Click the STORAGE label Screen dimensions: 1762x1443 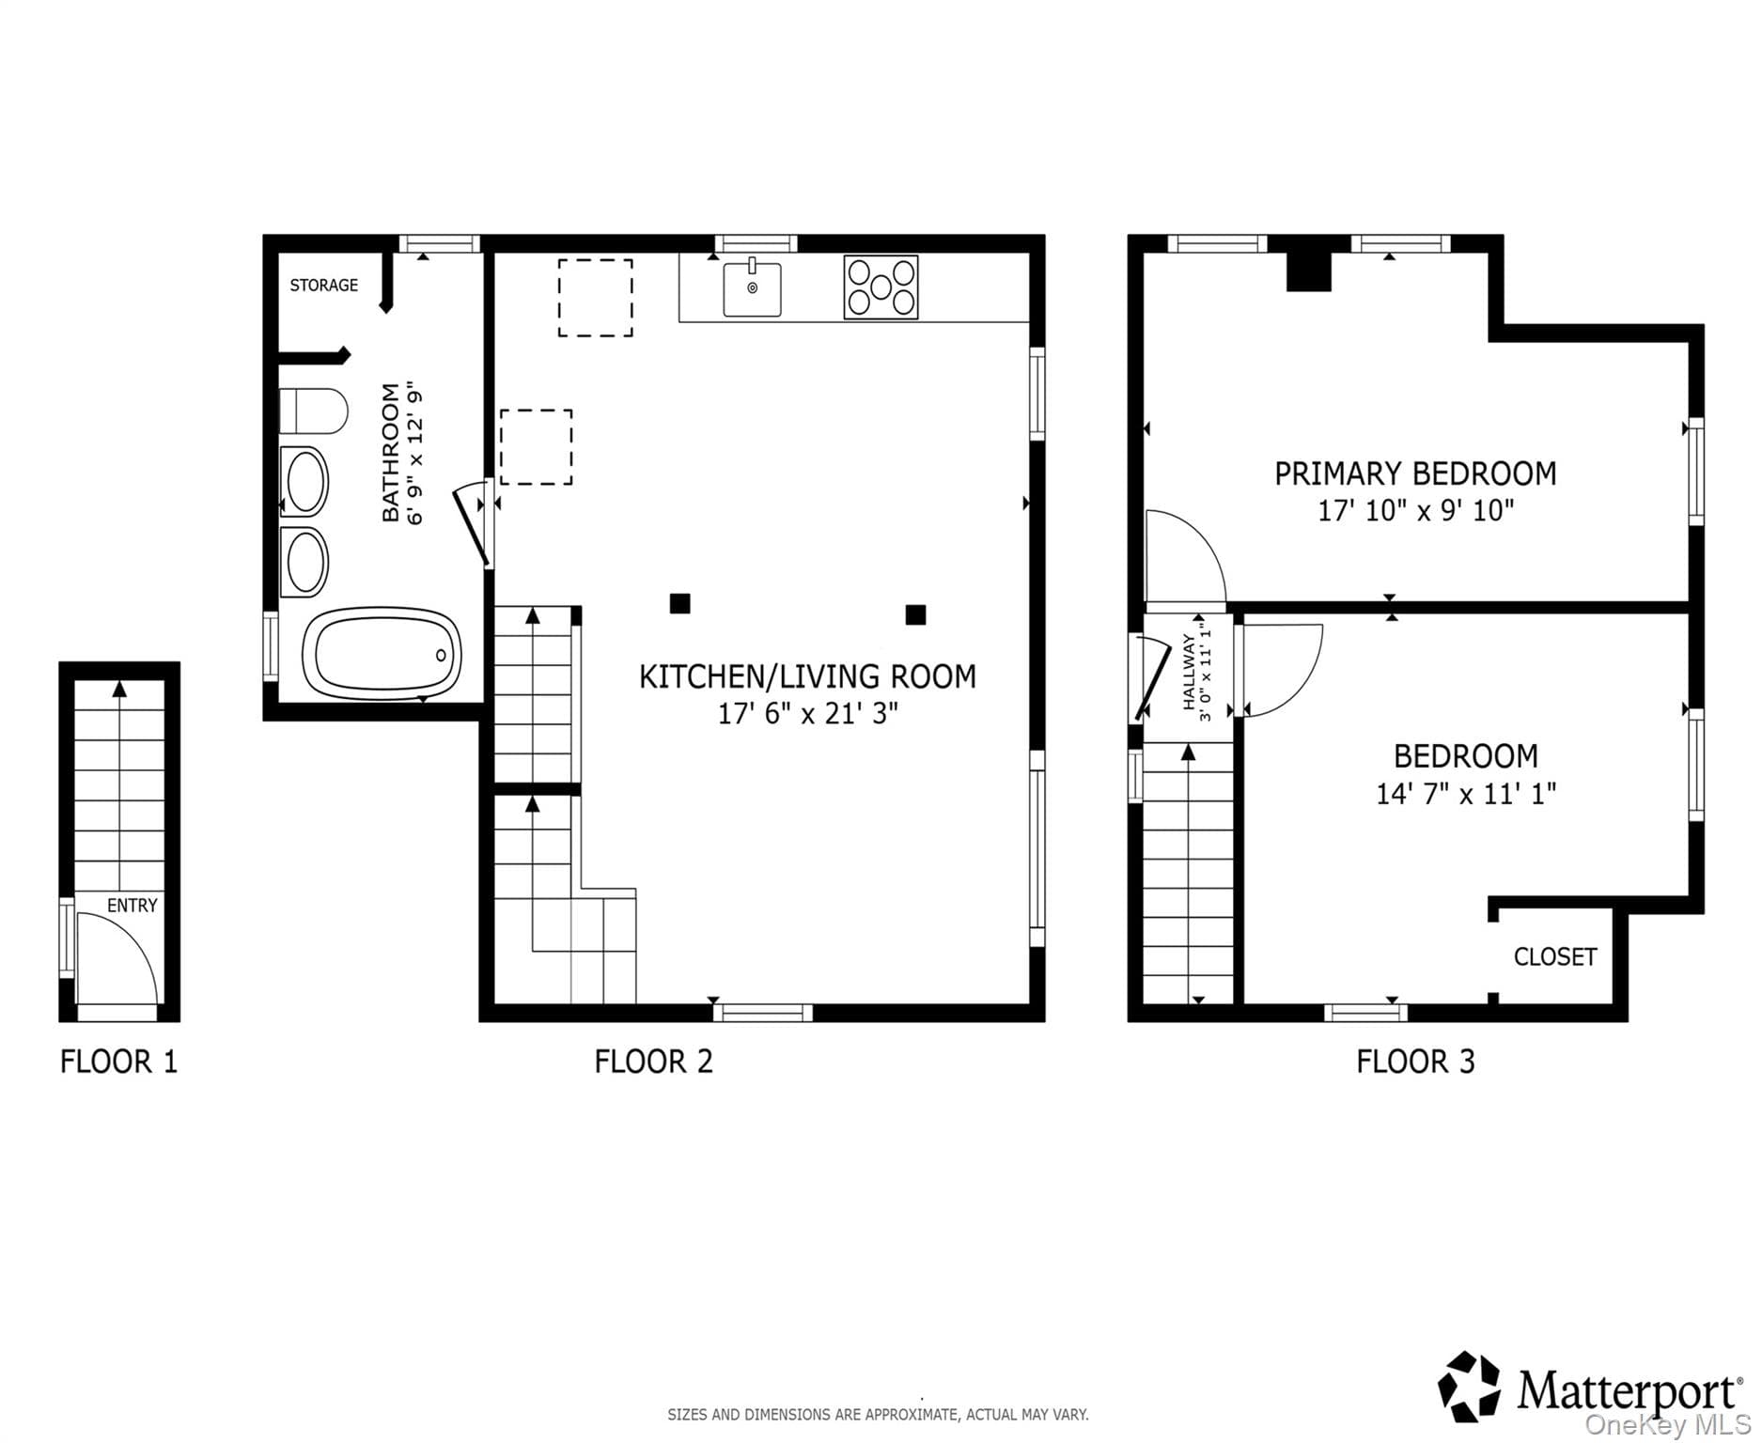click(x=323, y=285)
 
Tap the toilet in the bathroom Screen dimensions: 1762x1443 click(x=314, y=411)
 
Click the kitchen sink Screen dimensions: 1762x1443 click(x=752, y=287)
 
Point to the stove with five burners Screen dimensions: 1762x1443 click(x=881, y=287)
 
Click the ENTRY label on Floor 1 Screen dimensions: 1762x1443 click(x=132, y=906)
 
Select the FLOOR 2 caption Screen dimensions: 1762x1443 click(x=654, y=1062)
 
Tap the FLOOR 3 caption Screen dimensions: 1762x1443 click(x=1415, y=1062)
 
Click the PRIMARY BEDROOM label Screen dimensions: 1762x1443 click(x=1415, y=473)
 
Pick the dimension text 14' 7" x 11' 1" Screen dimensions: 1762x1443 click(x=1466, y=794)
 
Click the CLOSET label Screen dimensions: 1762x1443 click(x=1555, y=956)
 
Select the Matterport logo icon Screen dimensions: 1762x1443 click(x=1470, y=1387)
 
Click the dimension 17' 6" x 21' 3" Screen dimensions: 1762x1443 click(x=808, y=714)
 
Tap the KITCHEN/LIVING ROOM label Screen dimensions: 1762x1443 click(x=807, y=676)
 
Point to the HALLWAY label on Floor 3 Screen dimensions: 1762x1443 click(x=1189, y=672)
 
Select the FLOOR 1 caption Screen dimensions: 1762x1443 click(x=118, y=1062)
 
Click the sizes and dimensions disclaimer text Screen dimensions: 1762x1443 click(x=878, y=1414)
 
